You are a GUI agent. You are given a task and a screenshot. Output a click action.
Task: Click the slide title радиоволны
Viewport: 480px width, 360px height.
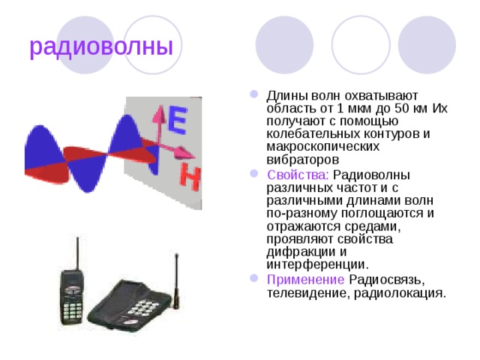pos(101,46)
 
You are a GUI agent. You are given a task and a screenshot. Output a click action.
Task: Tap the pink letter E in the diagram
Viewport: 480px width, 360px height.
pos(177,119)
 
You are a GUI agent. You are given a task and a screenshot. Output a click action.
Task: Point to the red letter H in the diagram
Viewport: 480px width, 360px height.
pos(190,178)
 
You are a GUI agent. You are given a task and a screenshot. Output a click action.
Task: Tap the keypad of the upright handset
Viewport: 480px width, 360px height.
pos(73,309)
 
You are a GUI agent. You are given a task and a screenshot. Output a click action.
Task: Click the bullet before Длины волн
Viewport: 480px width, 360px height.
pos(253,95)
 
